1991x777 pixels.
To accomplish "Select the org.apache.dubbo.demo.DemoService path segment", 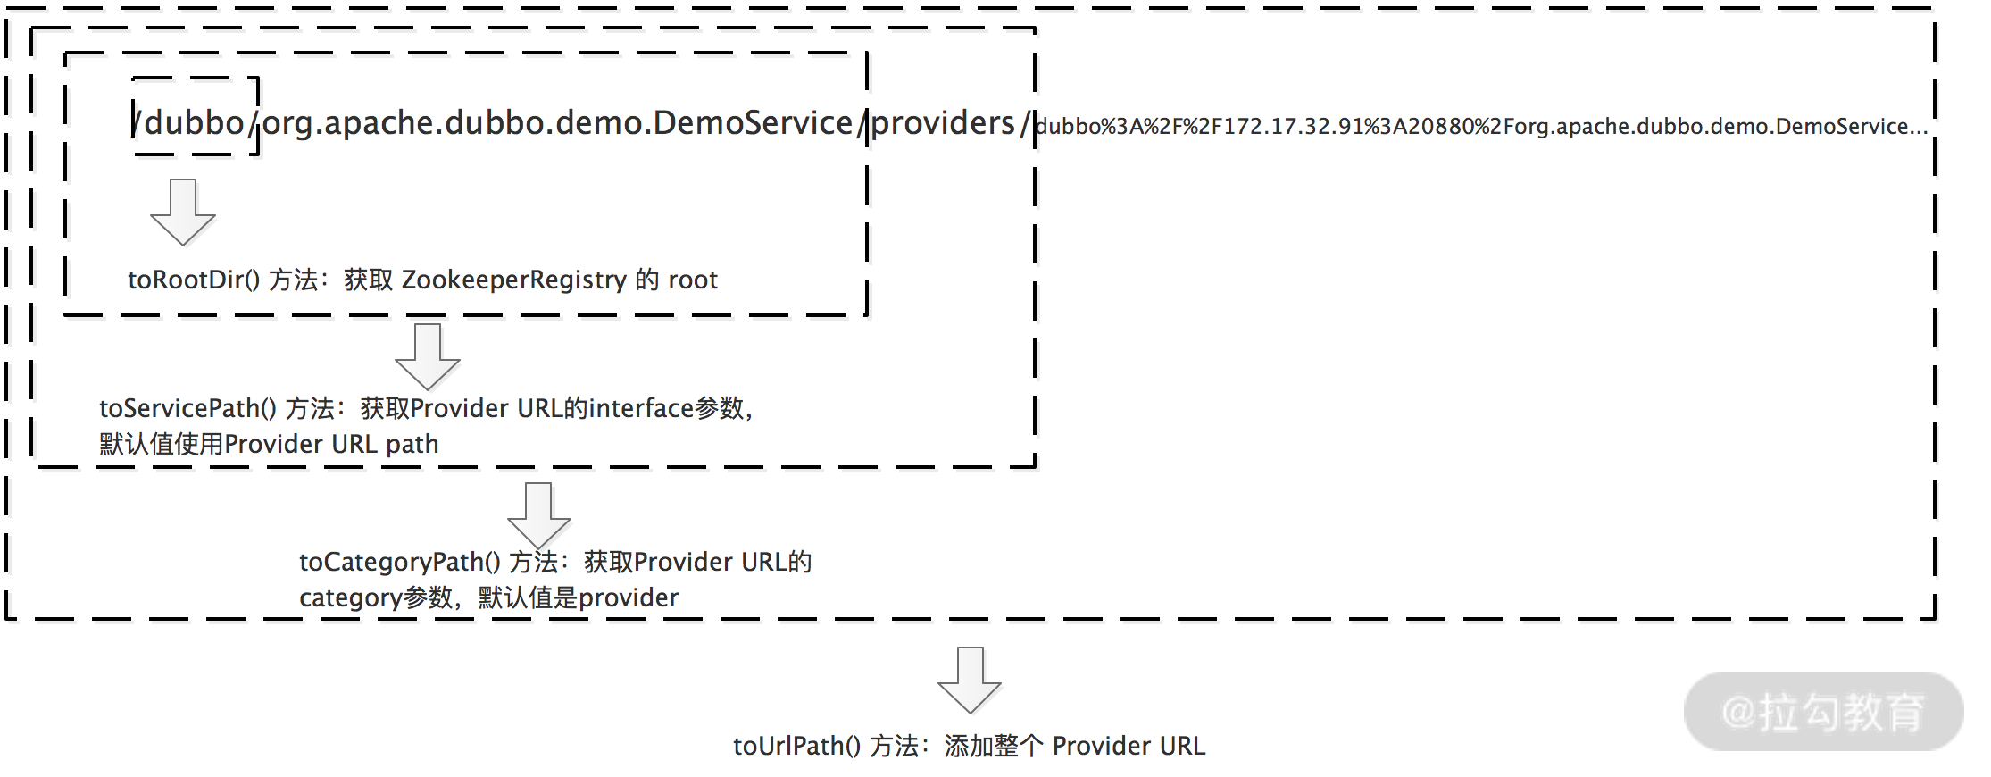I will pos(558,123).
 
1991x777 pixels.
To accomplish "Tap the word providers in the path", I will pos(943,123).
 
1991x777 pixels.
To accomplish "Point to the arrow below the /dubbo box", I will pos(183,213).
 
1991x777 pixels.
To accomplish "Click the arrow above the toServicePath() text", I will pos(428,357).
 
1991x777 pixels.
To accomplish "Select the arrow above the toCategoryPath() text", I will pos(538,516).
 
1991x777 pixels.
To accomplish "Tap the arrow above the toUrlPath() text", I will pos(970,681).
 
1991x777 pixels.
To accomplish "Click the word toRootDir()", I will pos(194,280).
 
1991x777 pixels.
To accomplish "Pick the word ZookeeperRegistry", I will pos(514,280).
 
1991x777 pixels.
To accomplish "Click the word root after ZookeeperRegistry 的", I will pos(693,280).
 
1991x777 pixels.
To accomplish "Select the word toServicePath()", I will pos(187,409).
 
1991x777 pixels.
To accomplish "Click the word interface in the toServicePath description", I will pos(640,409).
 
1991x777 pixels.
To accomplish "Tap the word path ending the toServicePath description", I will pos(412,445).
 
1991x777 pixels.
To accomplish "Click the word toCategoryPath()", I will pos(399,563).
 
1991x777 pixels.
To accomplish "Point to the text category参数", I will pos(375,598).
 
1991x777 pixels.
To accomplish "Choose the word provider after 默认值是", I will pos(629,598).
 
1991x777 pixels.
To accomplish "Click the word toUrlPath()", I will pos(796,747).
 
